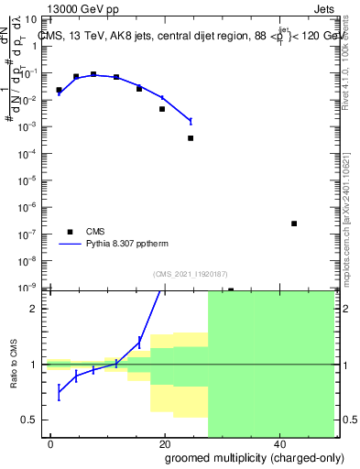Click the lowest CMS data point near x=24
(191, 138)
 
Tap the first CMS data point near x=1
(59, 91)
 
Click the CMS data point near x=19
(162, 109)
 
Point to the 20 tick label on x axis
(165, 443)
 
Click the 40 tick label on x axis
(278, 443)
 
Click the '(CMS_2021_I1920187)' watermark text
(189, 273)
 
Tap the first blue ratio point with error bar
(59, 393)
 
